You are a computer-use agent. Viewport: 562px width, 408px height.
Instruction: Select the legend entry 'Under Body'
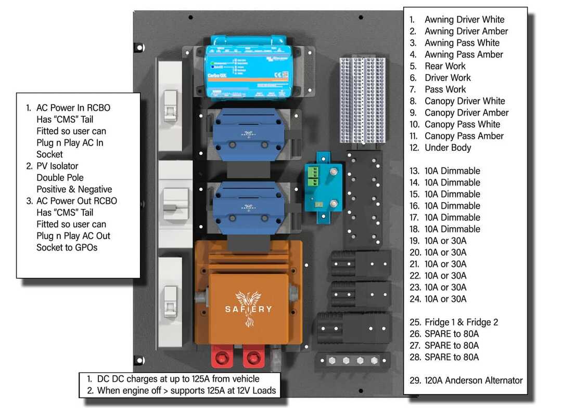tap(448, 148)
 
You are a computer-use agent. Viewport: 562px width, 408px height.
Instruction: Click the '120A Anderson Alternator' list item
tap(474, 380)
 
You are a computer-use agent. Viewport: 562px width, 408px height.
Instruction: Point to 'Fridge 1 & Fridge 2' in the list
tap(461, 322)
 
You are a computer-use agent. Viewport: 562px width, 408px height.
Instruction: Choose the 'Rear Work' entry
tap(445, 66)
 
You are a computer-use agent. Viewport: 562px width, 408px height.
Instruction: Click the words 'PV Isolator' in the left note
tap(57, 166)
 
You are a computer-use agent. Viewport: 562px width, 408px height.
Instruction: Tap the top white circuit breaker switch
tap(170, 106)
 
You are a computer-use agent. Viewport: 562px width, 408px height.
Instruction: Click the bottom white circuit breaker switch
tap(170, 301)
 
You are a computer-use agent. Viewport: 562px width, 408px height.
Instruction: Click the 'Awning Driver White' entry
tap(464, 20)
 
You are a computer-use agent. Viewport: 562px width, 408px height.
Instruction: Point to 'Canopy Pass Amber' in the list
tap(464, 136)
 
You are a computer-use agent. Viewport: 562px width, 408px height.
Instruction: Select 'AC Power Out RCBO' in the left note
tap(76, 201)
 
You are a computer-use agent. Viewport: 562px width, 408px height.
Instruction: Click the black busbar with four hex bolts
tap(353, 360)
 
